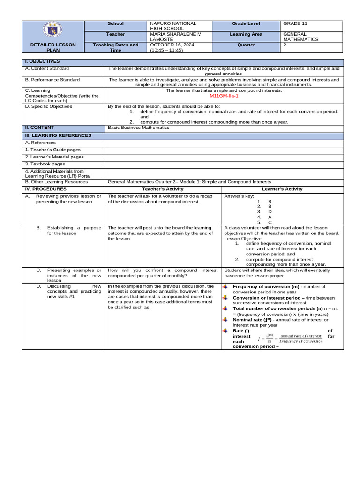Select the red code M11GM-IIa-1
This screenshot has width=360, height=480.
click(x=224, y=96)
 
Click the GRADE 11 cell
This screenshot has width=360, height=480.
click(x=296, y=23)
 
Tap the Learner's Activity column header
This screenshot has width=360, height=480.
click(x=282, y=189)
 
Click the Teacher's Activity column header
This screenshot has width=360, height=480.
click(x=162, y=189)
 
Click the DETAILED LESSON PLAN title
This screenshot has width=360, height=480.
click(x=53, y=48)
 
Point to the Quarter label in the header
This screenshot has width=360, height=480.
click(x=246, y=45)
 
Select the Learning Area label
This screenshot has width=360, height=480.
click(x=246, y=34)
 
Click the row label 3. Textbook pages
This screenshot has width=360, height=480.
click(x=45, y=164)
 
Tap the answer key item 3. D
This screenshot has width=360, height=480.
click(x=265, y=211)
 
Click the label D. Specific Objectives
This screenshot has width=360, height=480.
click(x=49, y=106)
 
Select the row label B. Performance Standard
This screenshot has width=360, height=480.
click(x=52, y=80)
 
